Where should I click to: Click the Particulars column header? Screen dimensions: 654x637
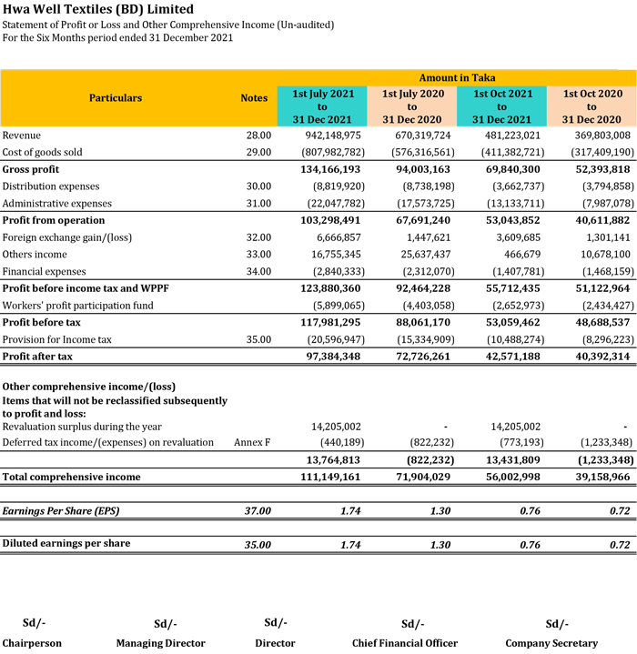click(116, 98)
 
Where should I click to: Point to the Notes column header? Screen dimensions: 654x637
click(254, 98)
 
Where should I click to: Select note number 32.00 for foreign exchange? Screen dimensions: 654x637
click(258, 237)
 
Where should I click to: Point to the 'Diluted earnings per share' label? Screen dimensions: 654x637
click(66, 544)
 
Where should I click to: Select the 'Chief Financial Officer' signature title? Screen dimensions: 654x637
click(405, 643)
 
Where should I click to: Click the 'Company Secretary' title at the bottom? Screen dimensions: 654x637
click(551, 643)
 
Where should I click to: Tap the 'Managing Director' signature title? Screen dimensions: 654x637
click(161, 643)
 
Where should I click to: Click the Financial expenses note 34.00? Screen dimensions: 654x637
click(258, 271)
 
